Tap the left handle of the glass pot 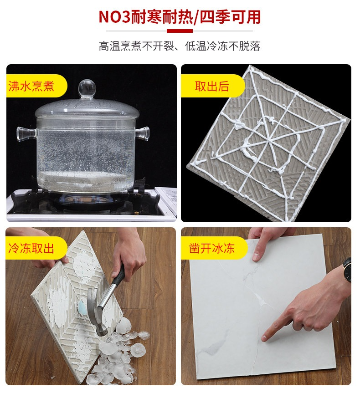pyautogui.click(x=26, y=133)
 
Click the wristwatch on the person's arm pyautogui.click(x=347, y=270)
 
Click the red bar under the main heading pyautogui.click(x=180, y=31)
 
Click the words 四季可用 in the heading pyautogui.click(x=230, y=17)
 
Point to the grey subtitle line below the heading pyautogui.click(x=180, y=46)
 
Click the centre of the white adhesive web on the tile pyautogui.click(x=269, y=140)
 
